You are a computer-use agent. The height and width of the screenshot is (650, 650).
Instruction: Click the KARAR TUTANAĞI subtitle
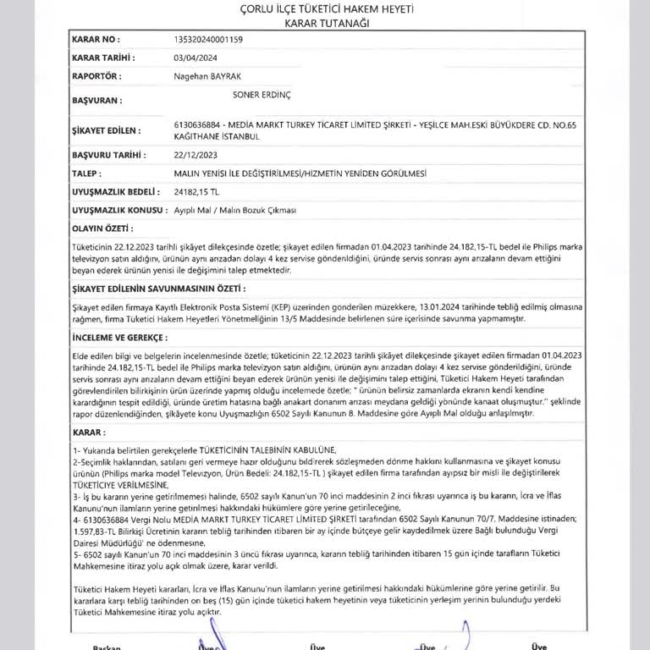click(x=325, y=23)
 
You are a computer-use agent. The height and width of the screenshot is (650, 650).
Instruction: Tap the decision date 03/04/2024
click(x=196, y=57)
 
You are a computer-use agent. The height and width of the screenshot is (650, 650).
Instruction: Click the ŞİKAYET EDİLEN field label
click(x=104, y=129)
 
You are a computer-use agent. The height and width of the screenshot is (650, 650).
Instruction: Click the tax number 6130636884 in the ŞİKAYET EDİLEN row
click(x=200, y=124)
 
